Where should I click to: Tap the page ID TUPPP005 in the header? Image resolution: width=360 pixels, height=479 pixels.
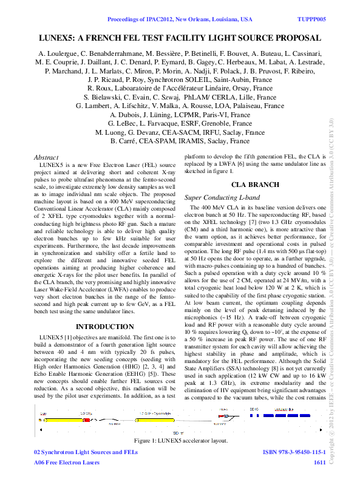point(311,19)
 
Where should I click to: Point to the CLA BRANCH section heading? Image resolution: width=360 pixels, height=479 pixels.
point(255,185)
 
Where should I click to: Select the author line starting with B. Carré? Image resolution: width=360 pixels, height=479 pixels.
point(180,141)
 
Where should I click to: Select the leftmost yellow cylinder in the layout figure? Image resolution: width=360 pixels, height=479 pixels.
point(54,419)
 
